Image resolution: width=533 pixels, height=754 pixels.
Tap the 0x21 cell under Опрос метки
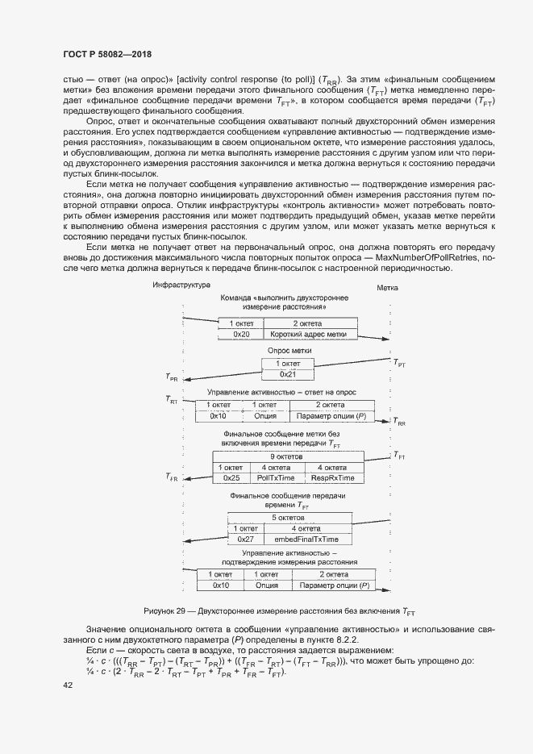pos(289,375)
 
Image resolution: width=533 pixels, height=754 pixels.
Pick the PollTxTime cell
pos(275,477)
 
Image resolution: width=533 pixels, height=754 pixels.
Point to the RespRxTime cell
pos(331,477)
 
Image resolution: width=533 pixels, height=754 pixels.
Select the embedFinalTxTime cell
pos(306,538)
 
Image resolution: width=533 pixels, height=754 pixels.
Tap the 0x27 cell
pos(246,538)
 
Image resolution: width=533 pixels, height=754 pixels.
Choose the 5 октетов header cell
pos(289,517)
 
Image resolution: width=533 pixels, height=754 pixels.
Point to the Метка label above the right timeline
pos(388,288)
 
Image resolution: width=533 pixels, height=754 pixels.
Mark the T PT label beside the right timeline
pos(401,365)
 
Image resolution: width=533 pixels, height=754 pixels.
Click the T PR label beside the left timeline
pos(172,377)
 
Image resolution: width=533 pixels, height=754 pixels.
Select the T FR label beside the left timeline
pos(172,478)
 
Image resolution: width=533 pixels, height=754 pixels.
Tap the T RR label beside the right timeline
pos(401,423)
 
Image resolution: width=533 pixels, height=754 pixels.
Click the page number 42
pos(68,685)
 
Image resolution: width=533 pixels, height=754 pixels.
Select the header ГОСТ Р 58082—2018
pos(107,54)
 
